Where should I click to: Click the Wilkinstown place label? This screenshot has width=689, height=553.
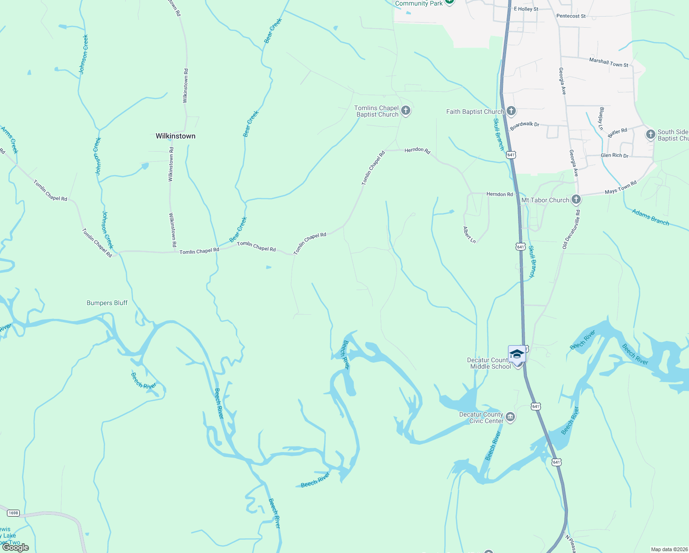tap(175, 136)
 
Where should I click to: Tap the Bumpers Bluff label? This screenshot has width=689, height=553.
tap(107, 303)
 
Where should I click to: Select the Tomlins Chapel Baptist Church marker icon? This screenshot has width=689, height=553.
tap(406, 110)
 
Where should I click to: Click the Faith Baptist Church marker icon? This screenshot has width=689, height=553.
tap(511, 111)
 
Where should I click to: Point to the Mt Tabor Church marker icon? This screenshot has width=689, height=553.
tap(576, 200)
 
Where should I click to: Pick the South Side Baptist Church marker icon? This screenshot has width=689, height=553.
tap(650, 135)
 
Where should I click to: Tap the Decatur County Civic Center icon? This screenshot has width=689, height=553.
tap(510, 417)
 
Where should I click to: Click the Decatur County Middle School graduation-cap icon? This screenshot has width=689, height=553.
tap(517, 354)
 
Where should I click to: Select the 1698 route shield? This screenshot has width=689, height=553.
tap(13, 513)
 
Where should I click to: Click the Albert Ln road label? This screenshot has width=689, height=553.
tap(469, 235)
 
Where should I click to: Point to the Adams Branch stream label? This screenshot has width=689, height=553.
tap(650, 217)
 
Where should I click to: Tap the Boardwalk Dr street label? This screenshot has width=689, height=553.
tap(525, 125)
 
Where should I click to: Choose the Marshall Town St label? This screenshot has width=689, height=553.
tap(609, 62)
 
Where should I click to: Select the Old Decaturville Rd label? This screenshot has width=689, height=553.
tap(571, 229)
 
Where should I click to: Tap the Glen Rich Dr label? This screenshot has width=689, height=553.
tap(614, 155)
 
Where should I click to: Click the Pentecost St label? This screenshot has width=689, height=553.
tap(571, 16)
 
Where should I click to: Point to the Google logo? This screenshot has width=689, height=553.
tap(16, 547)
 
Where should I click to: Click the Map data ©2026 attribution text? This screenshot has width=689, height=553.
tap(668, 549)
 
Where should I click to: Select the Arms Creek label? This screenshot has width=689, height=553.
tap(10, 140)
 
